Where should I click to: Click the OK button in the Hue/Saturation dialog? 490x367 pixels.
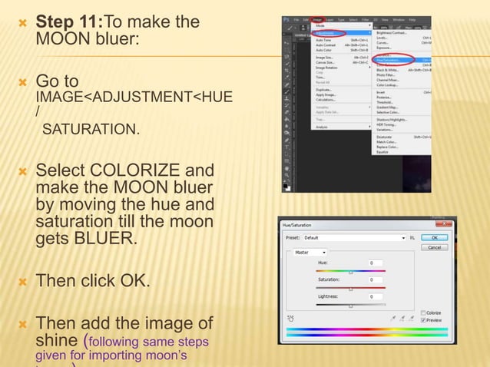click(x=435, y=238)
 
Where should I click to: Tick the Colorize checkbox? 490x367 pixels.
click(x=423, y=312)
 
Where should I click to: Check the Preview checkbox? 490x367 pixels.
click(x=423, y=321)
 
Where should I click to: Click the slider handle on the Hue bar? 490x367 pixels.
click(x=351, y=272)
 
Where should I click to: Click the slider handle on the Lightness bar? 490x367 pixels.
click(x=351, y=306)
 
